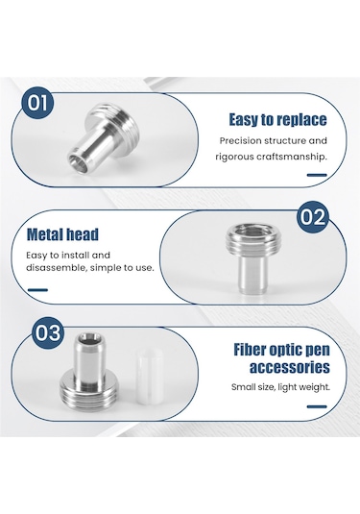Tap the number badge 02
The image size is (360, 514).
click(313, 217)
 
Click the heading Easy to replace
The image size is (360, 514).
click(277, 120)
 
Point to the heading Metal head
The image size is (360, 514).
click(62, 234)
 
